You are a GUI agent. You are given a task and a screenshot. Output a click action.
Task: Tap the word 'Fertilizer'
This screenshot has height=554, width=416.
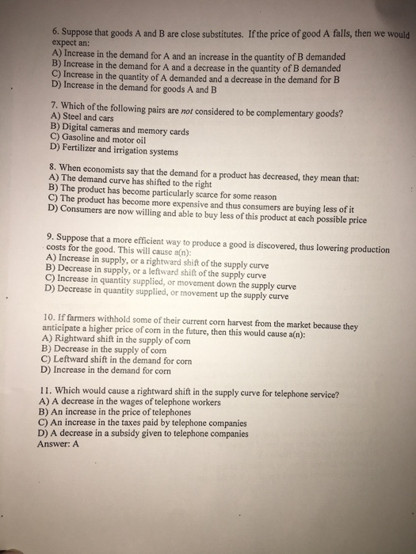point(86,147)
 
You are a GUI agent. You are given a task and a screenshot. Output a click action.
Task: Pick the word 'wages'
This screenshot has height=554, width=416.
point(137,402)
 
